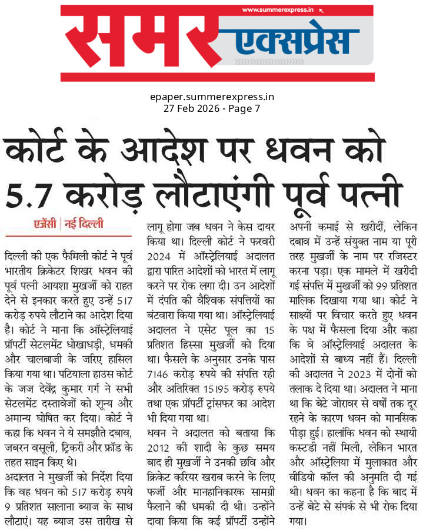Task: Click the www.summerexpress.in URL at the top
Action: click(x=277, y=10)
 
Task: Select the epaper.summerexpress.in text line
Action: click(x=212, y=97)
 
